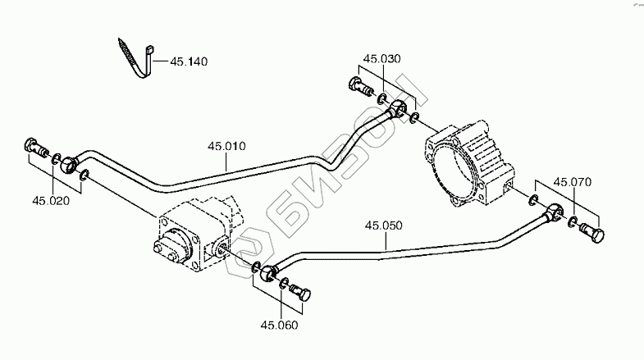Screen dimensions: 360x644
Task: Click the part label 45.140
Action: pyautogui.click(x=188, y=61)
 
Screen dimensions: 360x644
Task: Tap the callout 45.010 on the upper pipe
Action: pyautogui.click(x=226, y=147)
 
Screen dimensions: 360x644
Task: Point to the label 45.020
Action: pyautogui.click(x=50, y=199)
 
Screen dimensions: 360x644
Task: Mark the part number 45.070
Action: pyautogui.click(x=572, y=182)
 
